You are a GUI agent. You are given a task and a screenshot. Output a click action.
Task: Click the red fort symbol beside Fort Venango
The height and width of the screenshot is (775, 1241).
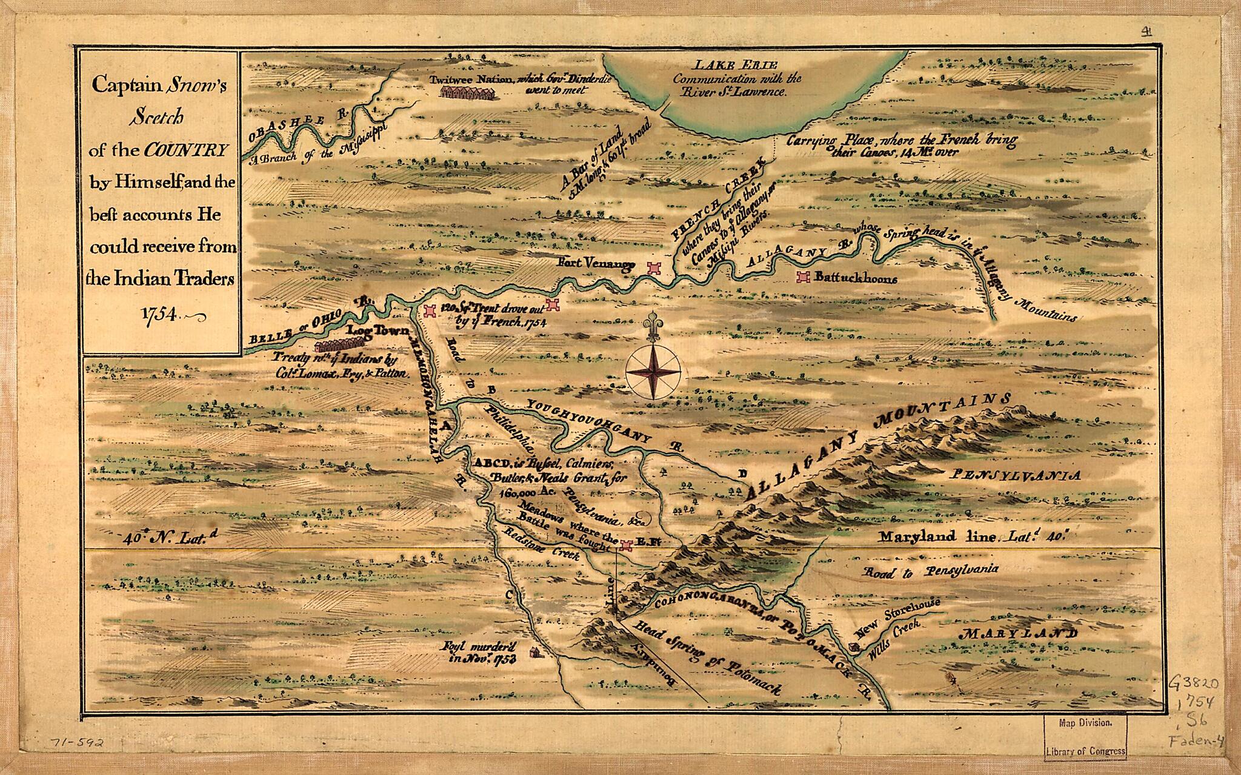[x=653, y=268]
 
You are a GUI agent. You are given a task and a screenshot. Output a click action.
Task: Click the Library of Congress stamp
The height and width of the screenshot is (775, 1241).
[x=1085, y=737]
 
